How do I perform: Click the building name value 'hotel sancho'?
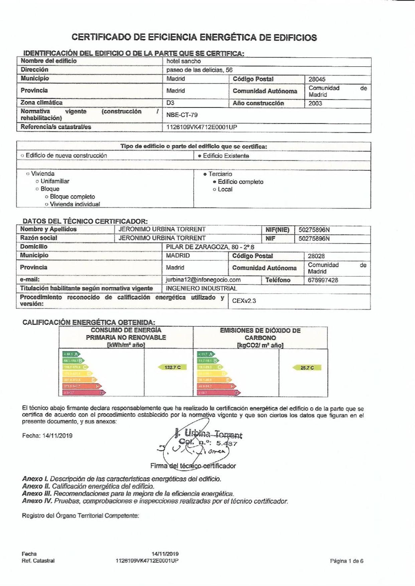[183, 61]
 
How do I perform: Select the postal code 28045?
[317, 80]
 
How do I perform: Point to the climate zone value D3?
[170, 103]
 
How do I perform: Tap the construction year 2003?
[315, 103]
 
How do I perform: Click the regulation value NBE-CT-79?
[182, 115]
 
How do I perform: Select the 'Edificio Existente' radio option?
[200, 156]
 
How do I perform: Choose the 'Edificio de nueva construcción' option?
[22, 156]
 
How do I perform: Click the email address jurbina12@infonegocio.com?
[203, 280]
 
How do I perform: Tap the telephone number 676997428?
[323, 280]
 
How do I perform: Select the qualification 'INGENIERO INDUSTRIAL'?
[201, 288]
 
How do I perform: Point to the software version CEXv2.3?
[244, 301]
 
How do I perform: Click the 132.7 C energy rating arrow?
[172, 367]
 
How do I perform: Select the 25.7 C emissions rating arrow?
[306, 368]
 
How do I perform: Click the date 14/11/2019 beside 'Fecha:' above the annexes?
[57, 436]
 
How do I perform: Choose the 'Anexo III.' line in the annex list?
[128, 494]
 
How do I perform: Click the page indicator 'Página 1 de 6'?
[347, 561]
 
